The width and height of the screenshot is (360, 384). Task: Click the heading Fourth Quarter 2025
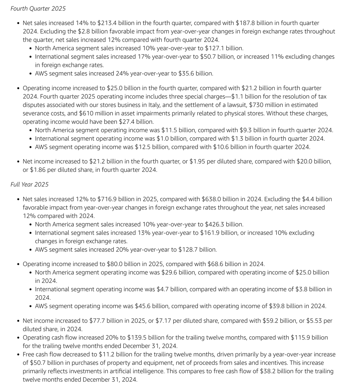pyautogui.click(x=38, y=9)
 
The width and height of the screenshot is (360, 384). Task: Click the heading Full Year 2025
pyautogui.click(x=29, y=184)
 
